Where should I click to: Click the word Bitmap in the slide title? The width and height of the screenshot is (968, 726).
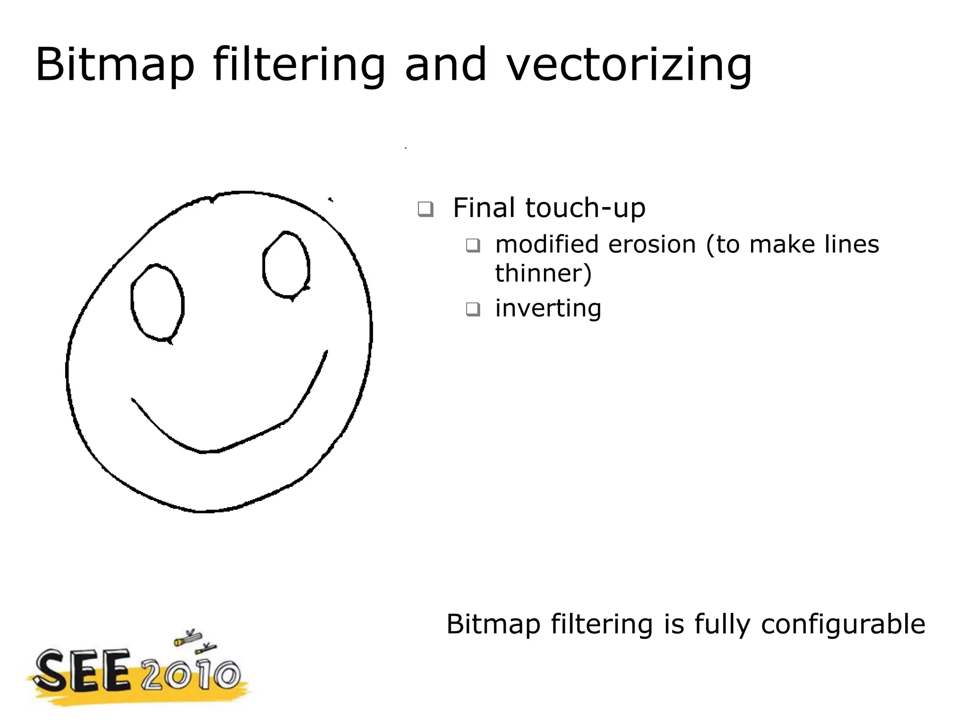coord(115,65)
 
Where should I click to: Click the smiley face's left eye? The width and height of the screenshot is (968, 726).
coord(157,302)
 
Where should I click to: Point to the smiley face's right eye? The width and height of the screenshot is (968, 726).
coord(286,265)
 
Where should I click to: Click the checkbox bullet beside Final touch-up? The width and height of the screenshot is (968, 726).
coord(425,208)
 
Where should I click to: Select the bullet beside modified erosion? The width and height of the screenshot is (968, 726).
coord(473,245)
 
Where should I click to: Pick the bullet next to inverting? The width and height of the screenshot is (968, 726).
coord(473,309)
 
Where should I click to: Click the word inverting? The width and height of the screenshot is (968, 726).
coord(548,308)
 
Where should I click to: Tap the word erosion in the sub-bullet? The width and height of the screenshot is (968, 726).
coord(652,244)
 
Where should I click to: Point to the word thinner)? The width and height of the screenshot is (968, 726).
coord(544,273)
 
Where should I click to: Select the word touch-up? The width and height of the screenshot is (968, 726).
coord(585,208)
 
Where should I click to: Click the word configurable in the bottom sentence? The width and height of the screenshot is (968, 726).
coord(843,624)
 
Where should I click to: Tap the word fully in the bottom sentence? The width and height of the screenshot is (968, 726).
coord(722,625)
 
